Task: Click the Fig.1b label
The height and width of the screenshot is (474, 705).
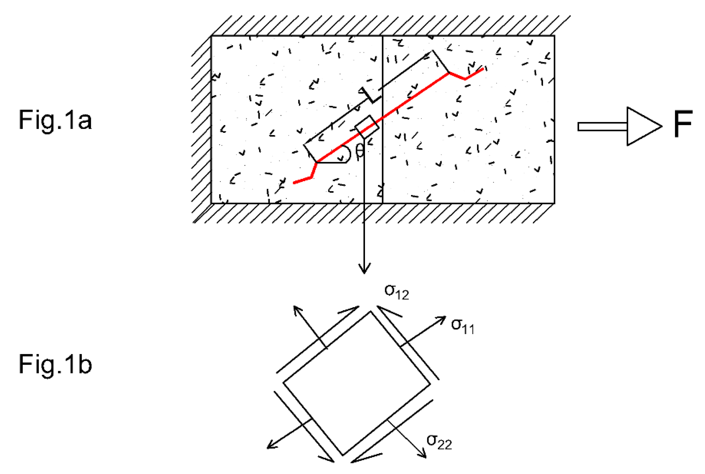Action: [x=55, y=365]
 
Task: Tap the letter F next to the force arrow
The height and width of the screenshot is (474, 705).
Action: [x=683, y=124]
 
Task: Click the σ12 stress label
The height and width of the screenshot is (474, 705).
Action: [x=396, y=292]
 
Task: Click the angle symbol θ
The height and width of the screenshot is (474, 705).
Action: [x=360, y=150]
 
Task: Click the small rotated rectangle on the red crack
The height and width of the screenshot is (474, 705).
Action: [x=367, y=127]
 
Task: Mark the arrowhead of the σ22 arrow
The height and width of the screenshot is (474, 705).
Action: [x=423, y=455]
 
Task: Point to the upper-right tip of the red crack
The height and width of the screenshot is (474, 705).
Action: [x=483, y=69]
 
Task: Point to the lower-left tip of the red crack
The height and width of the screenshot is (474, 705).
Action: [x=294, y=183]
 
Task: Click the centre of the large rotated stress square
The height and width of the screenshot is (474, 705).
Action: [x=356, y=383]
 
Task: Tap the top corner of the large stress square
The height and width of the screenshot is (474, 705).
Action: [x=370, y=312]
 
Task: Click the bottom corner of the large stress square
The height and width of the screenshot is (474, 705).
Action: [x=343, y=455]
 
